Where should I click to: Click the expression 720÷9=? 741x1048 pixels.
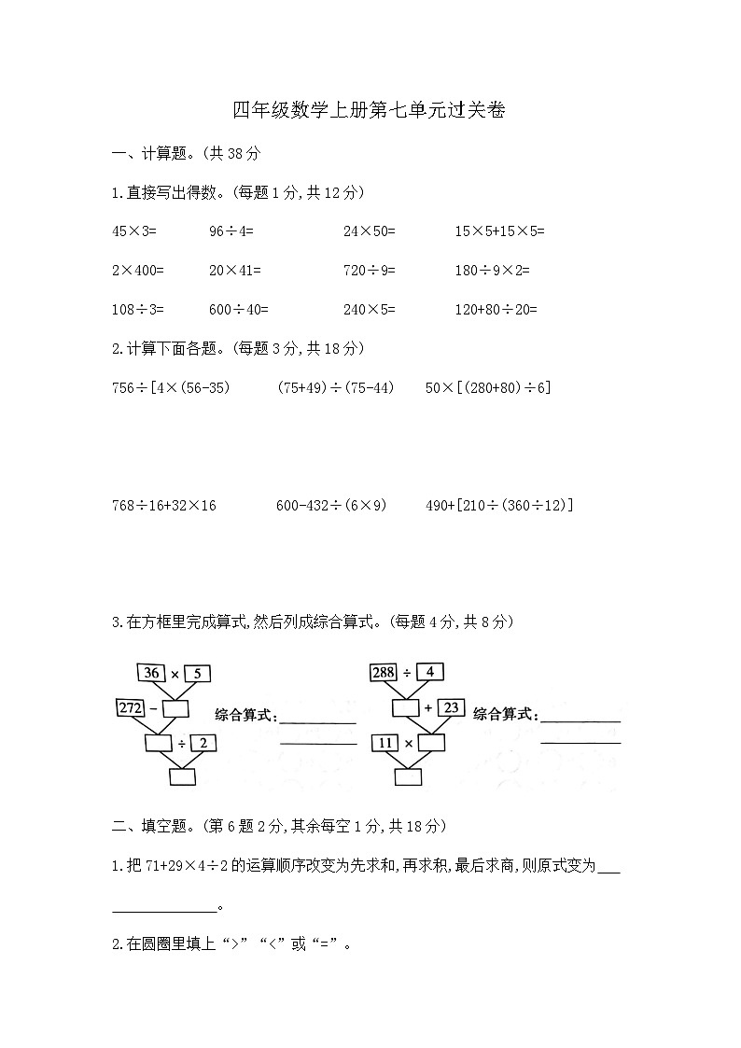click(x=370, y=271)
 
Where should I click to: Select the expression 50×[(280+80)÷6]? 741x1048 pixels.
click(x=487, y=387)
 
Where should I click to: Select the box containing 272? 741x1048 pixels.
click(x=130, y=708)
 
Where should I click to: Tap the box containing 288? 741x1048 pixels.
click(x=383, y=671)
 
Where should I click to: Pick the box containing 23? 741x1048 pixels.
click(x=451, y=708)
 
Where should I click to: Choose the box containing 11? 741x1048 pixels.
click(x=384, y=743)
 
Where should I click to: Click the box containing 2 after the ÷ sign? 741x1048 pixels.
click(x=203, y=743)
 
